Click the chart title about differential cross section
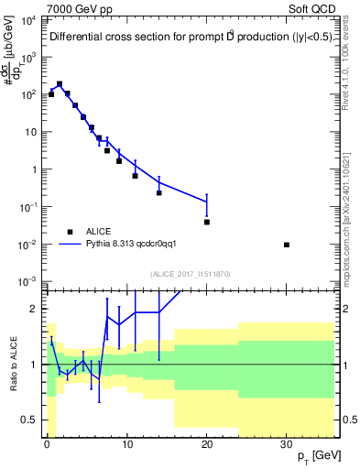[191, 38]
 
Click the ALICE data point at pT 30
[287, 245]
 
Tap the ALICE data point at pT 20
[207, 222]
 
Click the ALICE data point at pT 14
[159, 192]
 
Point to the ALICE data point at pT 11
[135, 175]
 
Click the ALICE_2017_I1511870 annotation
[189, 274]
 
